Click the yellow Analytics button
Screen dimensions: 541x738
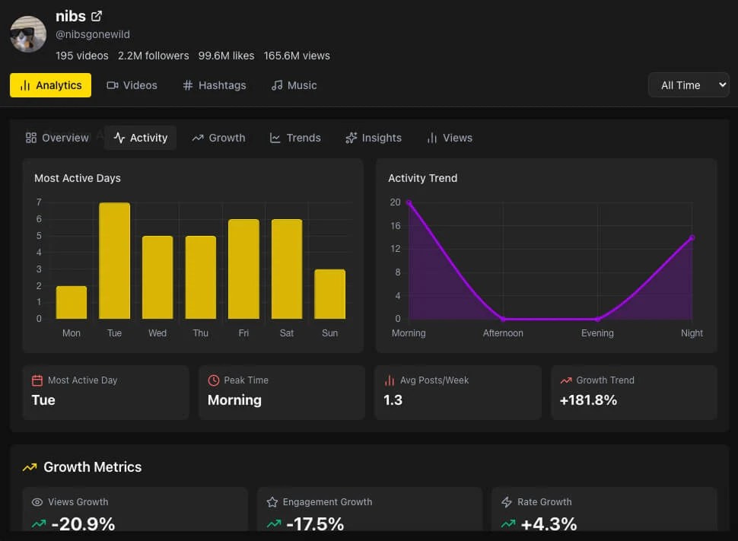click(50, 85)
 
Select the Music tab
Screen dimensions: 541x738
click(294, 85)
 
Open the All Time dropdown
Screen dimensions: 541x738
click(688, 85)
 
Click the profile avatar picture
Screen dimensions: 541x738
click(28, 34)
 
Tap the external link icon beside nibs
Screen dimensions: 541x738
click(97, 16)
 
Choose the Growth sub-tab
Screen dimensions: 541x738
click(218, 138)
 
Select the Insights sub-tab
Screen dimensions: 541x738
click(373, 138)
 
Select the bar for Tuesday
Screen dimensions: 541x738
click(114, 261)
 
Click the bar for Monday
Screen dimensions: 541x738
click(72, 302)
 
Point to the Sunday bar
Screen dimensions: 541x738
click(329, 294)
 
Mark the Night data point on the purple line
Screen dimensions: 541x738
click(692, 237)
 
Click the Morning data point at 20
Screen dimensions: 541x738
click(409, 202)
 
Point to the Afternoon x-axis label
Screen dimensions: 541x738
click(503, 333)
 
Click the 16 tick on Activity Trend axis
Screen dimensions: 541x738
click(395, 226)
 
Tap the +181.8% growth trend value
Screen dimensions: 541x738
click(588, 400)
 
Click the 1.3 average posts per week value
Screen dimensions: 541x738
click(393, 400)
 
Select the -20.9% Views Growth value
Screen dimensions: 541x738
click(83, 523)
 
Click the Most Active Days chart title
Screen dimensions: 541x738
click(78, 178)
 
